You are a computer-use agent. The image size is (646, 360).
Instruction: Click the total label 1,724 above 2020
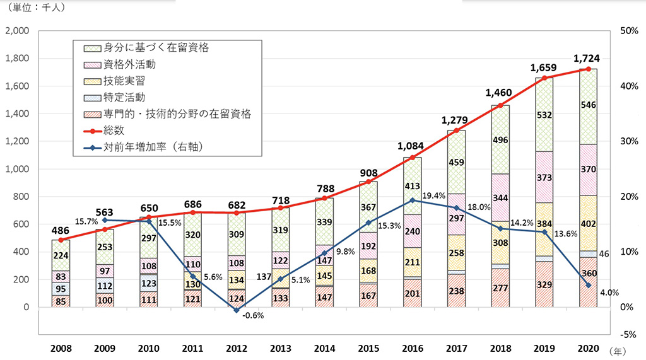coord(587,59)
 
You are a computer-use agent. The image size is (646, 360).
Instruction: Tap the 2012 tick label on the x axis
coord(237,348)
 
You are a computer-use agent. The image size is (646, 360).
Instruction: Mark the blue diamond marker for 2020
coord(587,285)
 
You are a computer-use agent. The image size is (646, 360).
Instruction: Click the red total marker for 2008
coord(61,240)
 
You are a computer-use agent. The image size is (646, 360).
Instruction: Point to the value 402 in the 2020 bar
coord(587,223)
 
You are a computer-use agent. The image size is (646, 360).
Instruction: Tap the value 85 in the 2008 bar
coord(61,301)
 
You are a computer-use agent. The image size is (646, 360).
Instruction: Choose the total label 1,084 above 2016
coord(412,146)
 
